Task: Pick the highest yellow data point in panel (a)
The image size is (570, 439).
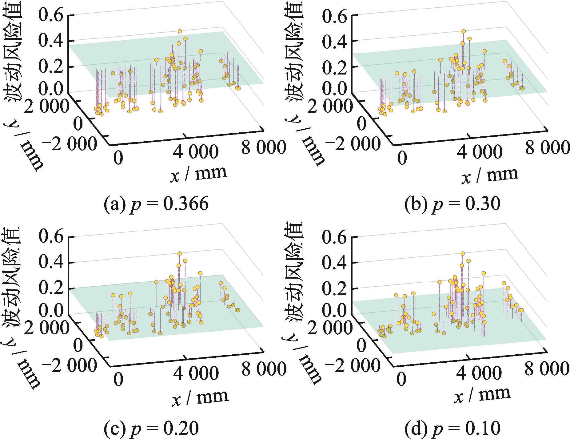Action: tap(180, 31)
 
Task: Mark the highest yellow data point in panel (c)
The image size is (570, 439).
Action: tap(180, 253)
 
